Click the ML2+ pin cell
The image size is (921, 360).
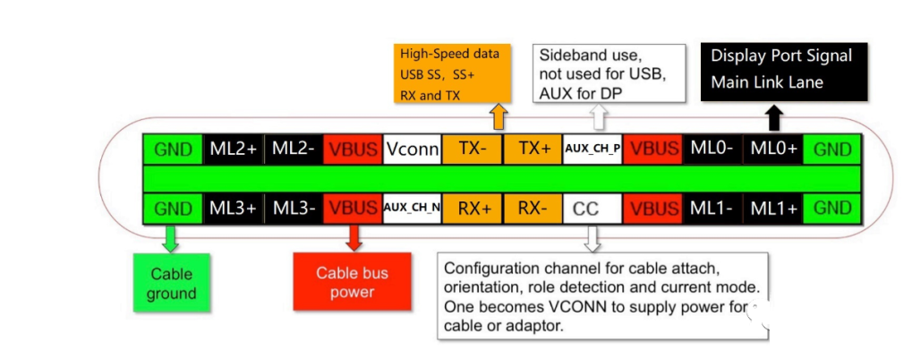pos(235,150)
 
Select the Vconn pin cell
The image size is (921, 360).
pos(413,150)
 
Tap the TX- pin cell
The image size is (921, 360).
pos(473,150)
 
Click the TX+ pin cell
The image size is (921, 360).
pos(533,150)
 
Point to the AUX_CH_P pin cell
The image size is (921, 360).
pos(593,150)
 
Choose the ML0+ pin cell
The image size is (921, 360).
pos(774,150)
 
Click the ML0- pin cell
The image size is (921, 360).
pos(712,150)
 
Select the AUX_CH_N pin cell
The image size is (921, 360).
pos(413,208)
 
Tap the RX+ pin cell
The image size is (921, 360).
pos(473,208)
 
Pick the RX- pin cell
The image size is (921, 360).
pos(533,208)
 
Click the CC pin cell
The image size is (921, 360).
pos(587,208)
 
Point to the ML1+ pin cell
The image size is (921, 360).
pos(774,208)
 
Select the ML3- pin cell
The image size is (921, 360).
pos(294,208)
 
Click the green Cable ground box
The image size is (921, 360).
pos(172,284)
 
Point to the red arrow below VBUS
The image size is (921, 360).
pos(353,236)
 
